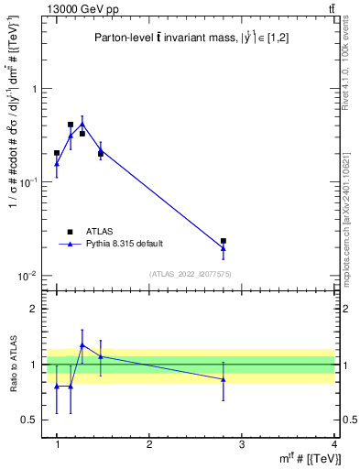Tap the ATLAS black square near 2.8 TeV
(x=224, y=241)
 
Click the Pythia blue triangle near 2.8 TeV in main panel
(x=224, y=248)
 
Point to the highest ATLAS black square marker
(x=71, y=125)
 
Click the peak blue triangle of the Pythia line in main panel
(x=82, y=123)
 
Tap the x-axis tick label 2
(x=149, y=444)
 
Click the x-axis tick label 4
(x=334, y=444)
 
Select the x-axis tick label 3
(x=242, y=444)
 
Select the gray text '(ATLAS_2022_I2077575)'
(x=190, y=273)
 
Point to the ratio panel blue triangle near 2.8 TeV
(x=224, y=379)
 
